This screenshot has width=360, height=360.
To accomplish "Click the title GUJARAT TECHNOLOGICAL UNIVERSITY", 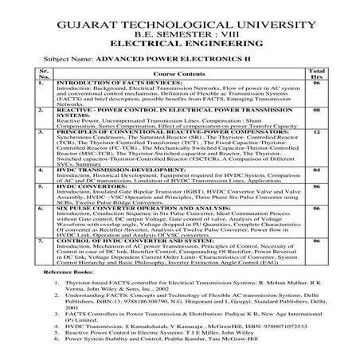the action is point(179,28).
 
